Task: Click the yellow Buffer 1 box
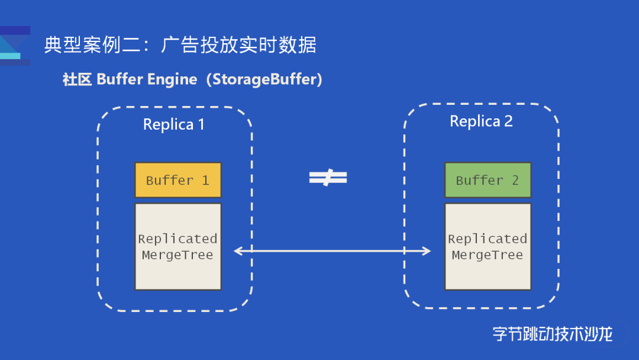177,180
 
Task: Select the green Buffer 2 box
488,180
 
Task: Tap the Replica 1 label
173,125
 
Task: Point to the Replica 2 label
481,121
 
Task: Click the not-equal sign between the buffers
328,178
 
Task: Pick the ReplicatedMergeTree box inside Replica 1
177,247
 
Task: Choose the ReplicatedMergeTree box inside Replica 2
488,247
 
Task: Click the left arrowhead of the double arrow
238,251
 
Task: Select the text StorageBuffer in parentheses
263,79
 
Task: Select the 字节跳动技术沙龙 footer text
552,334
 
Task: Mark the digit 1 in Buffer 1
205,181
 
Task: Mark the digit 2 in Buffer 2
515,181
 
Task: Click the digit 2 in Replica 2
508,121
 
